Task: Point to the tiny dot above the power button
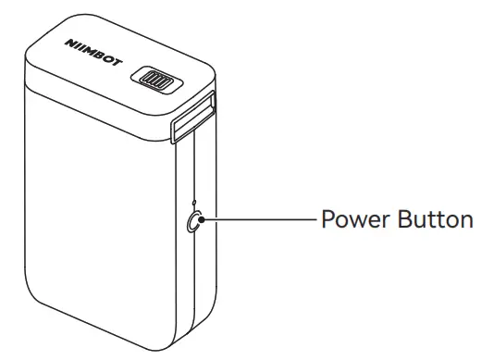coord(193,202)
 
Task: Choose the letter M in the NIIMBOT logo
coord(91,54)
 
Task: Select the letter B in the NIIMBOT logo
coord(99,58)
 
